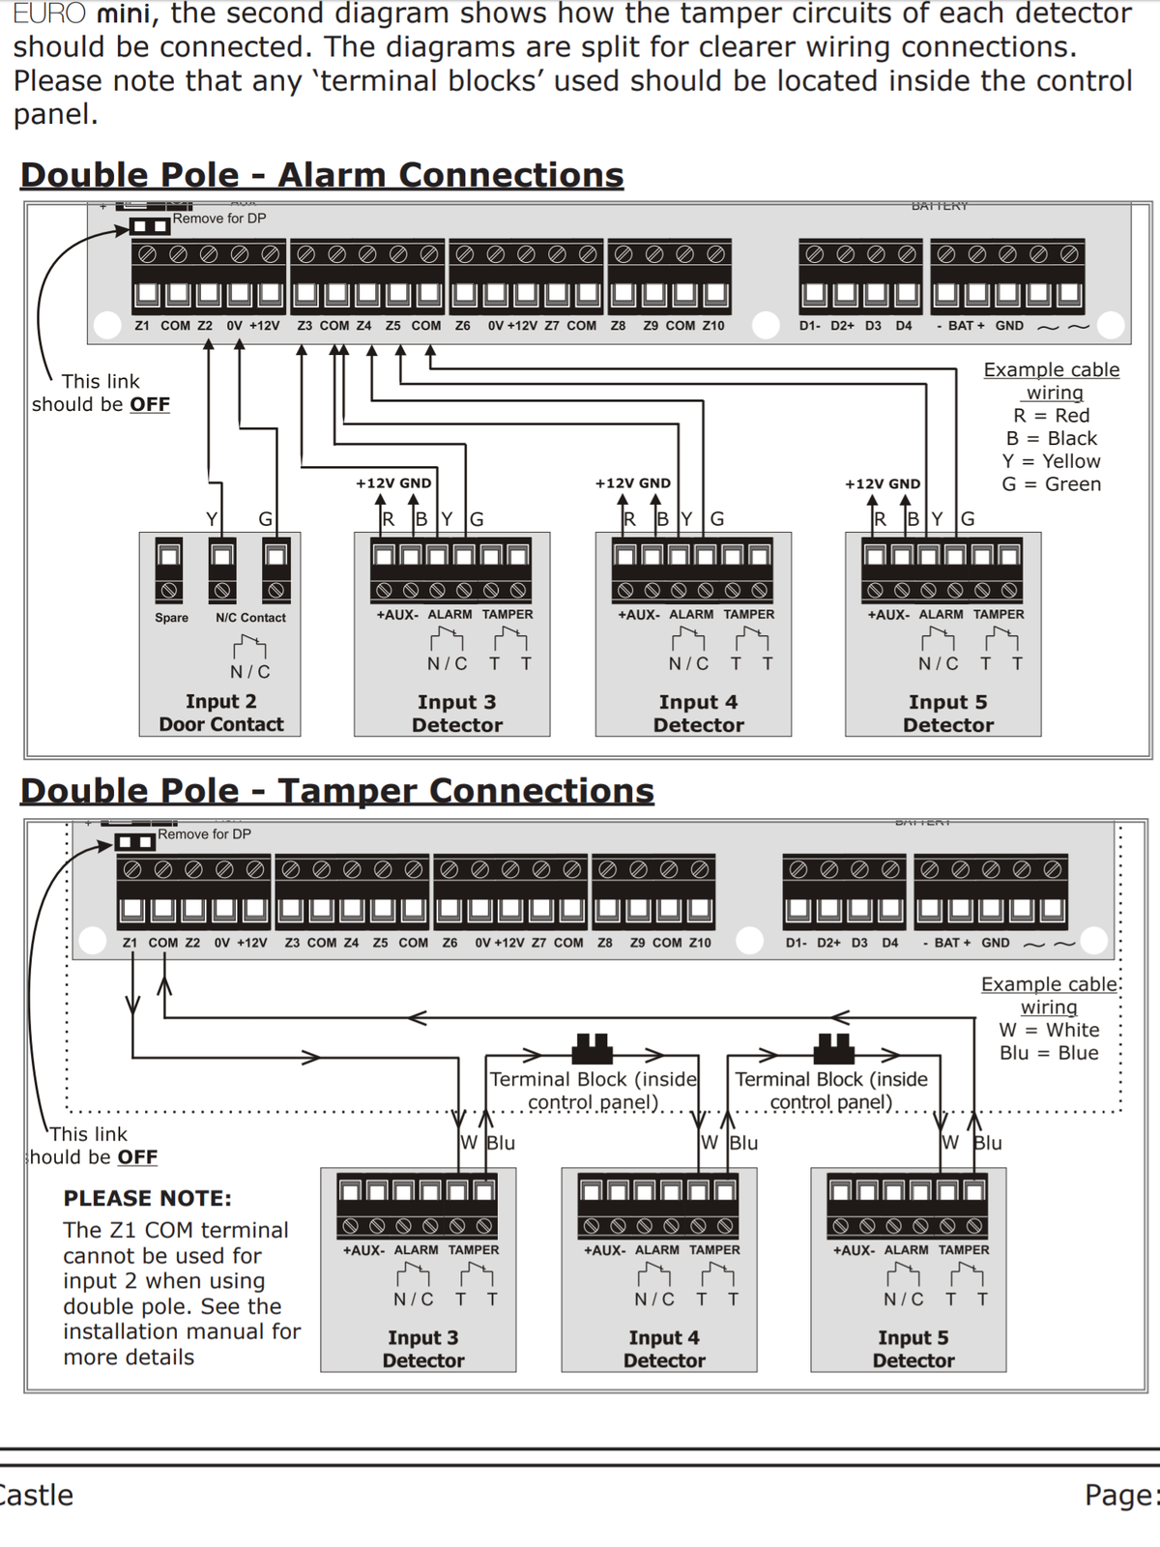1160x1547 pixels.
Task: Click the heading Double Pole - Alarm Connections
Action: [322, 175]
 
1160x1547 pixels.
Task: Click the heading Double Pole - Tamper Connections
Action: [337, 791]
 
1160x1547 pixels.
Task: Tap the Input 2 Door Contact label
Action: [221, 713]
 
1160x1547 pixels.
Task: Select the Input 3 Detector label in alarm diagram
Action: [457, 714]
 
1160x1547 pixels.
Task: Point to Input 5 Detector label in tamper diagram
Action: [913, 1349]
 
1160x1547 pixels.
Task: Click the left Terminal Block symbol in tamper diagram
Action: [593, 1048]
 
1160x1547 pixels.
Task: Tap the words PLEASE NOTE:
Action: [147, 1198]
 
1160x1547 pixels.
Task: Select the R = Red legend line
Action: [1051, 415]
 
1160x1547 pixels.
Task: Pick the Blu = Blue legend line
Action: [1049, 1053]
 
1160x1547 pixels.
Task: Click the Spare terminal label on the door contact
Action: [171, 618]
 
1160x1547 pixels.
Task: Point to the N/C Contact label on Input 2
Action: [250, 618]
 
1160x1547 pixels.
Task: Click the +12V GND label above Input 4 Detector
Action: [633, 483]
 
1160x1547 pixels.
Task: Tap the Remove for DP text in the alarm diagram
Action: [219, 219]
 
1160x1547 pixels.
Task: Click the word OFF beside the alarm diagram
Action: [150, 404]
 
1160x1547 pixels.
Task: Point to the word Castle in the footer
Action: [37, 1495]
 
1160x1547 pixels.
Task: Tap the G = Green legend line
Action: [1051, 484]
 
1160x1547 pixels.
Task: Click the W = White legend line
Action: [1049, 1030]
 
